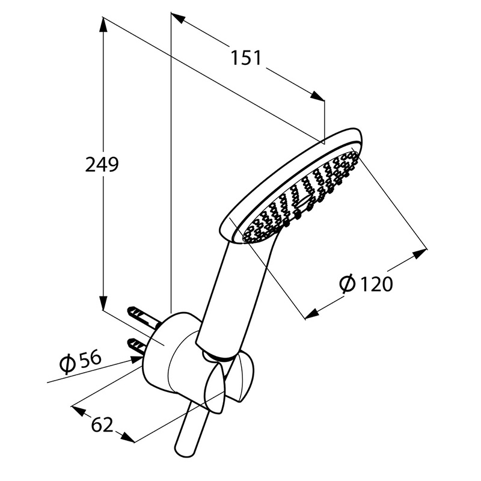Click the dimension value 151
(246, 58)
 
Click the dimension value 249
(102, 165)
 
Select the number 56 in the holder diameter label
(90, 358)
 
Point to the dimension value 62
(102, 425)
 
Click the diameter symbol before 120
(348, 284)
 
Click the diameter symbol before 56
(68, 364)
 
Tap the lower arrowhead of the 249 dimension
(103, 303)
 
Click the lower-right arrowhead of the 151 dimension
(317, 96)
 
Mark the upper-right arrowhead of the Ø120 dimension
(420, 253)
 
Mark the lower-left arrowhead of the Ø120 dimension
(312, 314)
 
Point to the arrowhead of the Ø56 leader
(136, 360)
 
